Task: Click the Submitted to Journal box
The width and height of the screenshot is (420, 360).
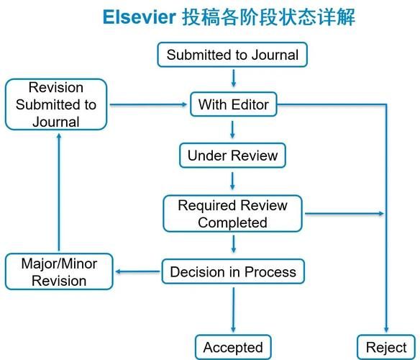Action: [232, 55]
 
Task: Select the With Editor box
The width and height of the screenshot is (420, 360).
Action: [233, 105]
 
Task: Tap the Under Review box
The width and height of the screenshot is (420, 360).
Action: [232, 156]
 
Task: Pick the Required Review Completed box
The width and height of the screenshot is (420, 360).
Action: [232, 214]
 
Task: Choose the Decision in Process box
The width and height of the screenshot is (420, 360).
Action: [232, 272]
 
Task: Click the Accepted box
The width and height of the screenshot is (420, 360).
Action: [233, 348]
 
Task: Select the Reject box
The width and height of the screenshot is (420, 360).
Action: [386, 348]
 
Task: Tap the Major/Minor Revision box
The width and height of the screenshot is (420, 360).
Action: [59, 272]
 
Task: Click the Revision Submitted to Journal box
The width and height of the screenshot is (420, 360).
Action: [55, 105]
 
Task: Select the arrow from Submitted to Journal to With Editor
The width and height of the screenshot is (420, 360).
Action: [233, 78]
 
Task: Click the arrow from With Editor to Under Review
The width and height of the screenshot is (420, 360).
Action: [233, 130]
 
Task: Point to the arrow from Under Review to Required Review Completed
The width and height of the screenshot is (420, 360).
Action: [233, 181]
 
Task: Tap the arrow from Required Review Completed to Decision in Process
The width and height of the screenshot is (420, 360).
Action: [233, 244]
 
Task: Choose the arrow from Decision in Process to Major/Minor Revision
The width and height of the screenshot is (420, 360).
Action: [137, 272]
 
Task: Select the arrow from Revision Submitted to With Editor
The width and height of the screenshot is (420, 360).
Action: [147, 105]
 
